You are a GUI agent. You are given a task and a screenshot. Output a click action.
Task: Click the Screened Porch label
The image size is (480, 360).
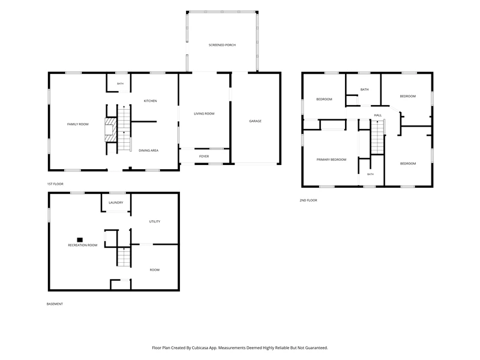(222, 45)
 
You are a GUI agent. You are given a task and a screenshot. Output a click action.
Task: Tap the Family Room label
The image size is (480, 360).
(78, 124)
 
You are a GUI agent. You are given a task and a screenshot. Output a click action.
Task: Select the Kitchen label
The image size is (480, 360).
(151, 101)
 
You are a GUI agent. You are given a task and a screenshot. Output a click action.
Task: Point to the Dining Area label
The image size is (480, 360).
(148, 151)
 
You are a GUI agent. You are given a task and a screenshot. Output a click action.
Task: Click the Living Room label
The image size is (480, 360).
(204, 114)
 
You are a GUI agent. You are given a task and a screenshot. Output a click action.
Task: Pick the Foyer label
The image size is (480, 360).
(204, 157)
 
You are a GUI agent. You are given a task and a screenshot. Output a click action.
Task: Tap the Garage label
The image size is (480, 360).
(256, 121)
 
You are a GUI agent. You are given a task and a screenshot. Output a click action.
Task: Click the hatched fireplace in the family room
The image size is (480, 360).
(110, 130)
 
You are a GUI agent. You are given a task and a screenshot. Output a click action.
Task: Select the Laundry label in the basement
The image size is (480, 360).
(116, 203)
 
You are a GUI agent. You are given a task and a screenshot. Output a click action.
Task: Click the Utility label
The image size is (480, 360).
(155, 221)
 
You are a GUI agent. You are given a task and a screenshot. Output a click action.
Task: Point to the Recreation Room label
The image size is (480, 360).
(83, 245)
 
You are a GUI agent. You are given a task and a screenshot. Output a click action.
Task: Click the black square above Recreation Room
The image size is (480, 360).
(80, 239)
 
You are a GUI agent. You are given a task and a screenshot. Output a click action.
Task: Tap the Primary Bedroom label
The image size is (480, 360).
(332, 160)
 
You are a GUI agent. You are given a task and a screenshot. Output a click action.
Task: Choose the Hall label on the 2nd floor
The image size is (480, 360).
(378, 115)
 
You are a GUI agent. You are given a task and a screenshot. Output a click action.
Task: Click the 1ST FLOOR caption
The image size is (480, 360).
(55, 184)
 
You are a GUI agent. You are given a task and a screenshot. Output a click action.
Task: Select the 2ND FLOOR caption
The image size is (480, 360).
(308, 200)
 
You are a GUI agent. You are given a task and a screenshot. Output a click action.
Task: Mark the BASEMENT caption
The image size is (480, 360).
(55, 304)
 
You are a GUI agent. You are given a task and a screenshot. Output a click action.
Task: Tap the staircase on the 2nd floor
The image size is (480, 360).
(377, 137)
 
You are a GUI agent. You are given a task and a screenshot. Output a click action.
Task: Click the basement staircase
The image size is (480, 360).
(124, 257)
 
